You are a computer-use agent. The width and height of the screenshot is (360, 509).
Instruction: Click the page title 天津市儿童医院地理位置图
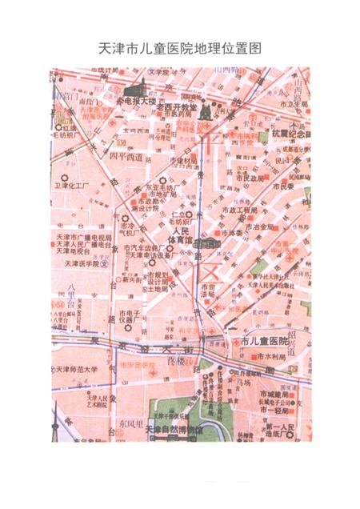pyautogui.click(x=179, y=49)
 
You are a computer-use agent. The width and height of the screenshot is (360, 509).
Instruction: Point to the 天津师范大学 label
pyautogui.click(x=77, y=369)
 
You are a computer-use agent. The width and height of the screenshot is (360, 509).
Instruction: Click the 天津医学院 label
pyautogui.click(x=77, y=263)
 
